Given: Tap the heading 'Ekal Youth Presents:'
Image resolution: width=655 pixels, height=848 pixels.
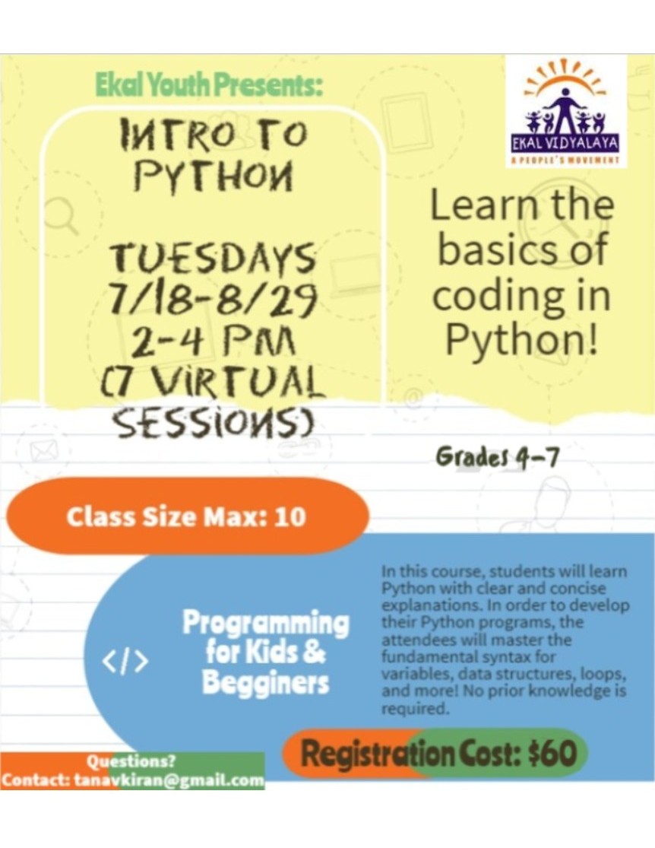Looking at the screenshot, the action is pyautogui.click(x=209, y=84).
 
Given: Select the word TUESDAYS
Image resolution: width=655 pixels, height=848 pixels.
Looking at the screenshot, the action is pyautogui.click(x=214, y=257).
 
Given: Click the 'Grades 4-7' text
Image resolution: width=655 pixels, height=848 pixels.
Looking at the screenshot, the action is pyautogui.click(x=497, y=458).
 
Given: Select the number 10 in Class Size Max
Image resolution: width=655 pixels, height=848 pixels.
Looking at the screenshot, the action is pyautogui.click(x=290, y=516).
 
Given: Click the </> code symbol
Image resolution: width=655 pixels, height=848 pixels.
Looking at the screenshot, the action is pyautogui.click(x=125, y=662).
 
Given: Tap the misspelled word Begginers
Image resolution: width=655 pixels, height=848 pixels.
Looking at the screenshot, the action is pyautogui.click(x=265, y=683).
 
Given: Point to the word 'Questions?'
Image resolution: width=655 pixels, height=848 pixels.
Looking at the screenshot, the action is pyautogui.click(x=131, y=761).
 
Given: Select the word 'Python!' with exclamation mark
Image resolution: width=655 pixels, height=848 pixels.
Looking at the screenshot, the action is pyautogui.click(x=522, y=338).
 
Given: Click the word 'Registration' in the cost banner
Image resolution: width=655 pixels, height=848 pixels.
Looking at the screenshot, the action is pyautogui.click(x=377, y=754).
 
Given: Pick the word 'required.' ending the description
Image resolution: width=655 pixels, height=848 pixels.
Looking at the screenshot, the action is pyautogui.click(x=415, y=709).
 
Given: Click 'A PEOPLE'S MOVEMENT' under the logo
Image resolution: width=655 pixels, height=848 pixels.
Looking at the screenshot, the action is pyautogui.click(x=565, y=160).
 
